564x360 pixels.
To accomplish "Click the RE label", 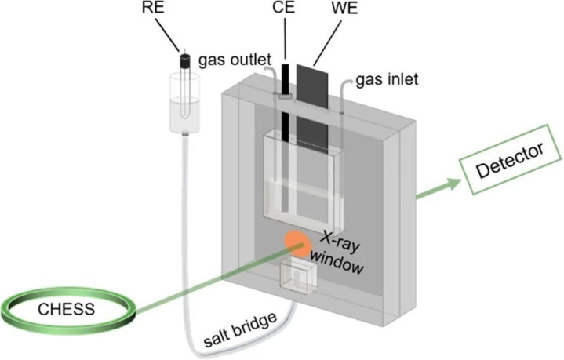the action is pyautogui.click(x=153, y=8).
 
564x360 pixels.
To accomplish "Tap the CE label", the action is pyautogui.click(x=283, y=8).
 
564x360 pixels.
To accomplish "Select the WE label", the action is pyautogui.click(x=345, y=9).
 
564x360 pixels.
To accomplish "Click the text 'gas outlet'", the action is pyautogui.click(x=235, y=60).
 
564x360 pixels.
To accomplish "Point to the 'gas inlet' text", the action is pyautogui.click(x=387, y=79).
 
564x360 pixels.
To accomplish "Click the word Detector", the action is pyautogui.click(x=510, y=161).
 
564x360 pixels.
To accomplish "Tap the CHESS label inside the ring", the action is pyautogui.click(x=67, y=309).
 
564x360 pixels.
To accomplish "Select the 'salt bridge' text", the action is pyautogui.click(x=241, y=329).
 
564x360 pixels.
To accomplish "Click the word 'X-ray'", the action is pyautogui.click(x=340, y=242).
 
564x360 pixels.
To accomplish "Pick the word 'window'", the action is pyautogui.click(x=337, y=262).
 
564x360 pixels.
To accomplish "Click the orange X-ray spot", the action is pyautogui.click(x=297, y=244).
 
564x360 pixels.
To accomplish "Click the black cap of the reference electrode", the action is pyautogui.click(x=184, y=61).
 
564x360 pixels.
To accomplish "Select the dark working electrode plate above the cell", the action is pyautogui.click(x=312, y=86).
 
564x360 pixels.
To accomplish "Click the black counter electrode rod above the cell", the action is pyautogui.click(x=286, y=78).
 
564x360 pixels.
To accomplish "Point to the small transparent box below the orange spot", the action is pyautogui.click(x=298, y=276).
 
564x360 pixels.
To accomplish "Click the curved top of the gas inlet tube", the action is pyautogui.click(x=345, y=83).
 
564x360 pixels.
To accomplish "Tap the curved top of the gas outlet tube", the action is pyautogui.click(x=271, y=68).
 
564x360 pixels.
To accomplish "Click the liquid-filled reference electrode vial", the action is pyautogui.click(x=184, y=104).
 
